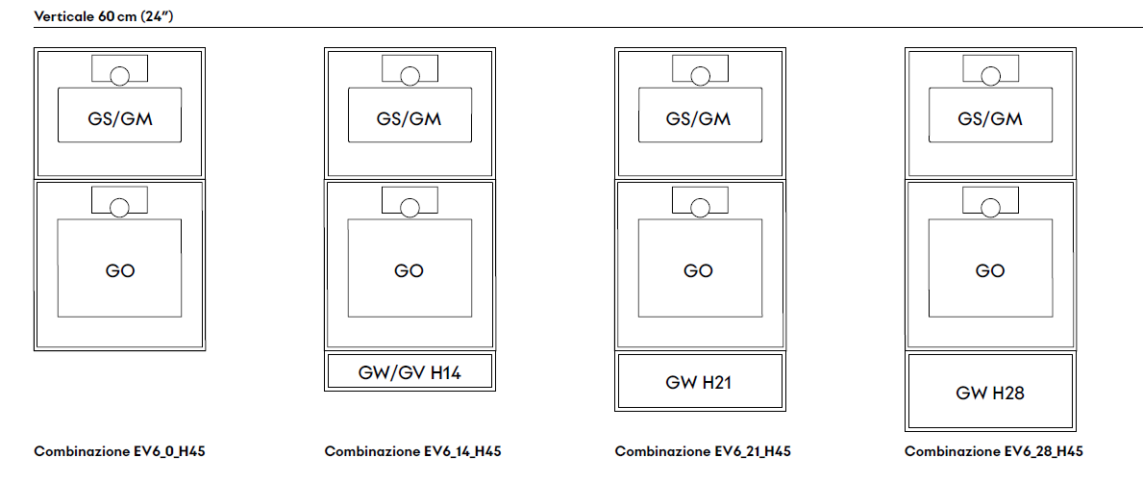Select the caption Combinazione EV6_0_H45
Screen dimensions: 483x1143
tap(119, 451)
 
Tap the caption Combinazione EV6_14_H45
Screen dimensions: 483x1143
tap(412, 451)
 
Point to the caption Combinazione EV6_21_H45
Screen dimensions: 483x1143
tap(703, 451)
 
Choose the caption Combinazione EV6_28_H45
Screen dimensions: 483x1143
tap(993, 451)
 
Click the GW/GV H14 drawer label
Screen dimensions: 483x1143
tap(410, 372)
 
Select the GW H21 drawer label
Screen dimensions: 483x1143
tap(698, 382)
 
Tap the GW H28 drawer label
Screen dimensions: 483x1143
tap(990, 393)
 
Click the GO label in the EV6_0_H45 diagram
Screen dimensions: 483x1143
tap(120, 270)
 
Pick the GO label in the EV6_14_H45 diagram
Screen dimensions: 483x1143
tap(410, 270)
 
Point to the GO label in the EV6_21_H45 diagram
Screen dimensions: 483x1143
tap(698, 270)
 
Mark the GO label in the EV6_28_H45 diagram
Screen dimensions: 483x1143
tap(990, 270)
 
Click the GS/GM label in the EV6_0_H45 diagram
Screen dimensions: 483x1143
tap(120, 119)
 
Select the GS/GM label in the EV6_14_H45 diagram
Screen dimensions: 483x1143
tap(410, 119)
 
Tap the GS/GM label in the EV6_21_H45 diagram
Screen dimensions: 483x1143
tap(698, 119)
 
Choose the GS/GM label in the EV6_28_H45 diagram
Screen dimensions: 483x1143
tap(990, 119)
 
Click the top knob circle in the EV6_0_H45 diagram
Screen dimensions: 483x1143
tap(120, 76)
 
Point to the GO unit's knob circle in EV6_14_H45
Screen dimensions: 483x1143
tap(410, 207)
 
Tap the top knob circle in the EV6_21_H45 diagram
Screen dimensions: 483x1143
tap(699, 76)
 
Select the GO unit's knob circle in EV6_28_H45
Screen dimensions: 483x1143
tap(990, 207)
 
